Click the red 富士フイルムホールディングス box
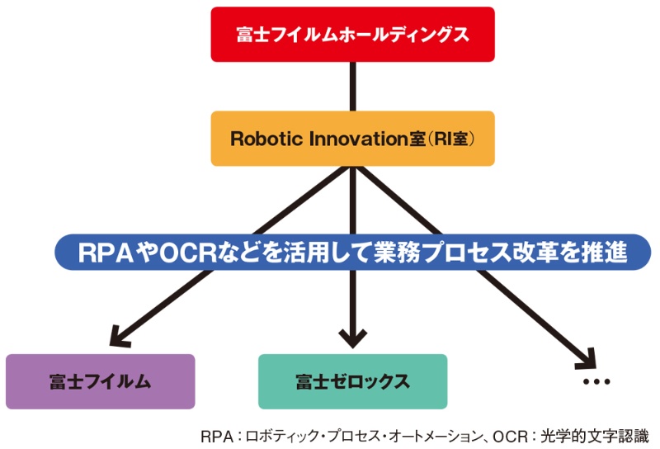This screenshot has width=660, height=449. pos(352,35)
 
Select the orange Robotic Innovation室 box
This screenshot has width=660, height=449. pos(352,139)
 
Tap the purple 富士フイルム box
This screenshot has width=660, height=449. pos(100,381)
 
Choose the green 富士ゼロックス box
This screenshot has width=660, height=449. pos(352,381)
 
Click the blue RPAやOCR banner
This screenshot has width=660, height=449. pos(352,253)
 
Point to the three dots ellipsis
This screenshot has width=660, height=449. pos(596,382)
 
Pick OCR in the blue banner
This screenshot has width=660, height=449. pos(191,253)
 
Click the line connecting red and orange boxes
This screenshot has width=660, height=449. pos(352,86)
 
